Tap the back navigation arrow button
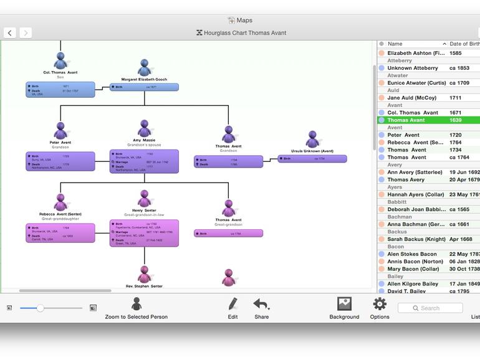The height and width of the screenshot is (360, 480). click(x=10, y=32)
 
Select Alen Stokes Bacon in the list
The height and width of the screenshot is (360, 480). click(x=412, y=254)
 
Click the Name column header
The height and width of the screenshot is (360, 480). click(x=411, y=44)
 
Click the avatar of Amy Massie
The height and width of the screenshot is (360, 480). click(x=145, y=128)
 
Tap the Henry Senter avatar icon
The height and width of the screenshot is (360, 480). click(x=145, y=199)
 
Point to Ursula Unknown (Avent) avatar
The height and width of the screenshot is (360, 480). click(x=312, y=140)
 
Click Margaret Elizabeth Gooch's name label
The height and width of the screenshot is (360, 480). click(x=144, y=79)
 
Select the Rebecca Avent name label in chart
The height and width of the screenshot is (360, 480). click(x=60, y=214)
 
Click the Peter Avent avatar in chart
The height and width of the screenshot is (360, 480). click(x=60, y=131)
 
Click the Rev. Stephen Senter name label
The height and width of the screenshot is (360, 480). click(x=144, y=287)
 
